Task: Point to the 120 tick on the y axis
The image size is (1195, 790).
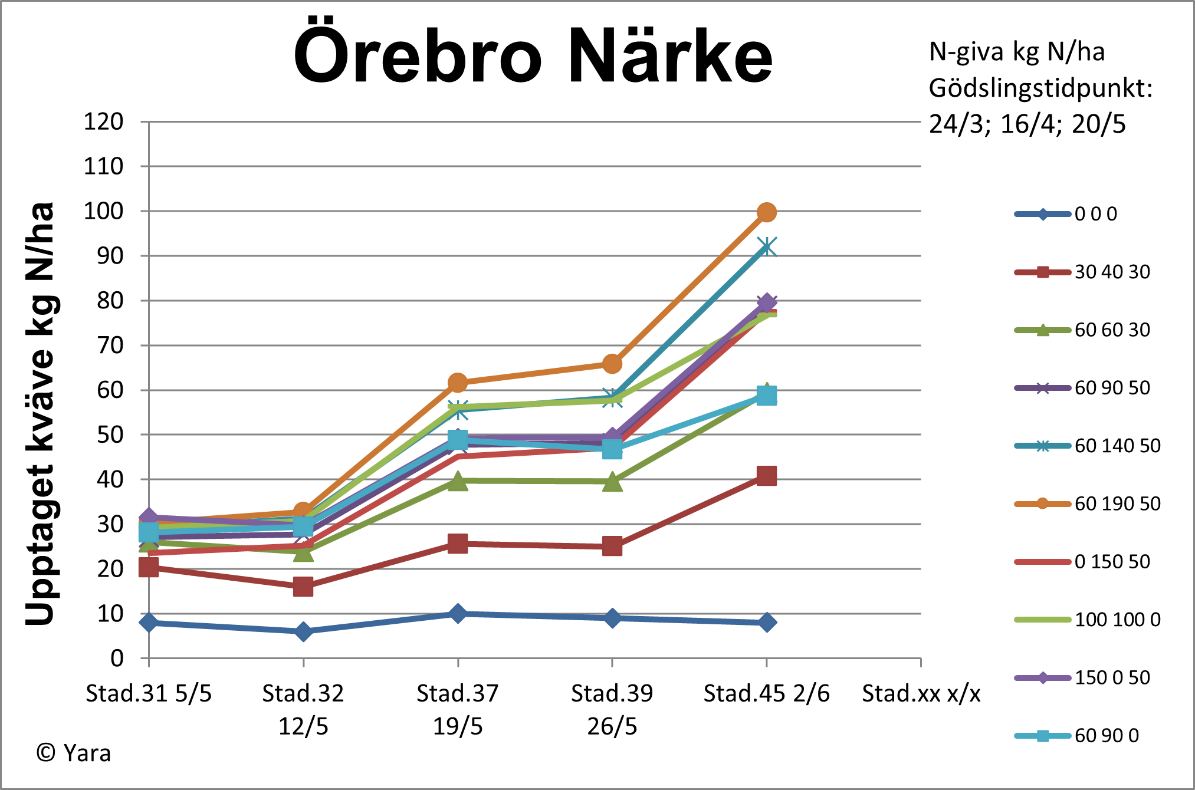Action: [x=104, y=122]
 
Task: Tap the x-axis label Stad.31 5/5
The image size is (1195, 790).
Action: [x=149, y=694]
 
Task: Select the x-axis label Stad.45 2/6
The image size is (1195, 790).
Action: [x=766, y=694]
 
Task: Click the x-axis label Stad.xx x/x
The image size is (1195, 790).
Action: [x=921, y=694]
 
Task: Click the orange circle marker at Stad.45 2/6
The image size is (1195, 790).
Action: [x=766, y=212]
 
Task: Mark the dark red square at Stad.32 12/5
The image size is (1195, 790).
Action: [x=303, y=587]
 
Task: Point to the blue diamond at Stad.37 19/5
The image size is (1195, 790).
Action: [x=458, y=614]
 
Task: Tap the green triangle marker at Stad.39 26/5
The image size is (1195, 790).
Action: [x=612, y=482]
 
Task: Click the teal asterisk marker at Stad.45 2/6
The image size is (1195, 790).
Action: [x=766, y=247]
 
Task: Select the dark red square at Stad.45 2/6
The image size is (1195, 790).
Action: [x=766, y=475]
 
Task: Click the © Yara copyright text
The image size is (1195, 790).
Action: [x=74, y=753]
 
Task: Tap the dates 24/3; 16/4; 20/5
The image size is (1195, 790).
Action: [x=1027, y=124]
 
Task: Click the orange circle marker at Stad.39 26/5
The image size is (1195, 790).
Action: [x=612, y=364]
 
